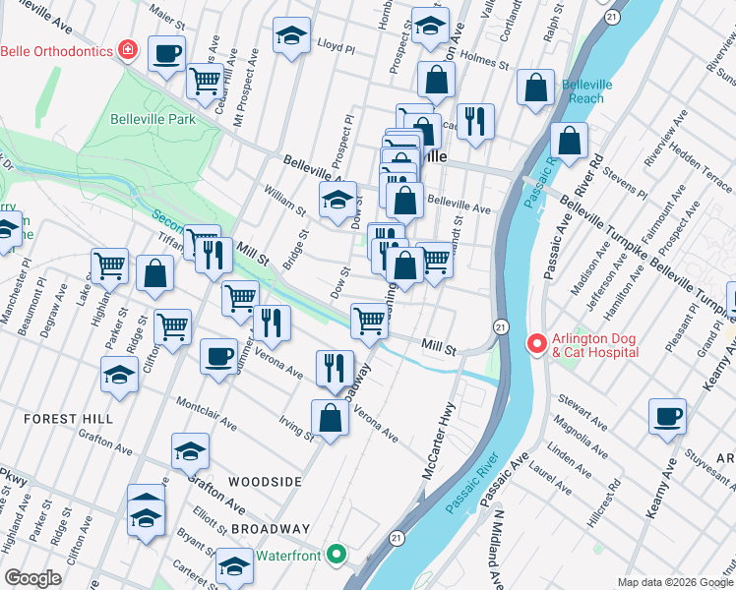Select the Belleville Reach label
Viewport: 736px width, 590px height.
(586, 91)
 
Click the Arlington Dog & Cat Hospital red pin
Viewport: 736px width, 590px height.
(537, 344)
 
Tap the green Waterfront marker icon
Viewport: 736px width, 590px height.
(337, 556)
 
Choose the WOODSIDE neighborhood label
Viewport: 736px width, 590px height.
(263, 482)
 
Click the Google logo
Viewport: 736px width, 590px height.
(32, 578)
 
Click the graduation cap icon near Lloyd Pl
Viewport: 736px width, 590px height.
(290, 35)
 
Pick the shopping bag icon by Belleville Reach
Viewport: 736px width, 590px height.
(535, 88)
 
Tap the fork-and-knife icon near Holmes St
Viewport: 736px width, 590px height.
(475, 121)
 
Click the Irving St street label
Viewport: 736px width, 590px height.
(295, 428)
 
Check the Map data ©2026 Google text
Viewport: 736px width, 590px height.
(674, 581)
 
